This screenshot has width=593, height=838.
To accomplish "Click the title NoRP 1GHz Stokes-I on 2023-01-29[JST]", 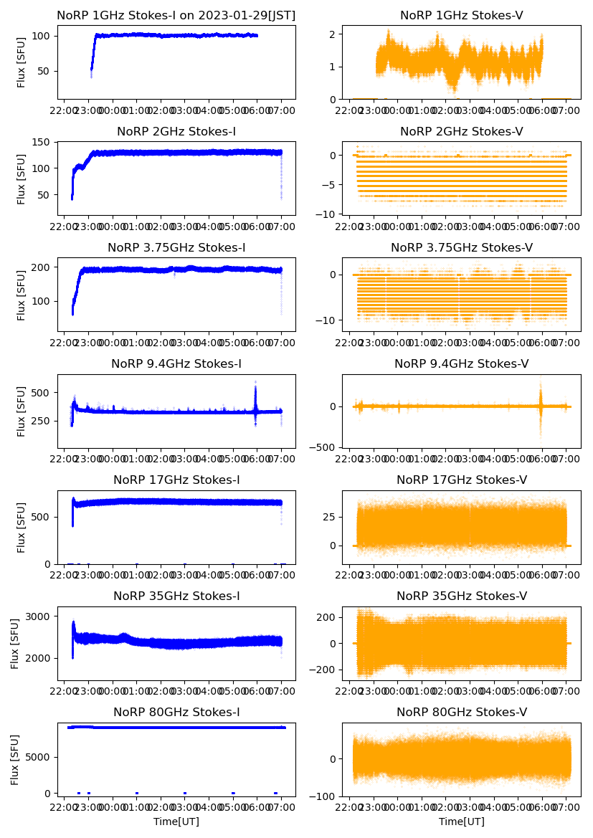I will click(x=176, y=15).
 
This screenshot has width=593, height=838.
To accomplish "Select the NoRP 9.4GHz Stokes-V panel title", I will click(x=461, y=364).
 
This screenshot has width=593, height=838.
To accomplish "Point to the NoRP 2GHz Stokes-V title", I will click(x=461, y=132).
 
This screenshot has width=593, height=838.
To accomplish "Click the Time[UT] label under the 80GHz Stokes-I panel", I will click(x=176, y=822).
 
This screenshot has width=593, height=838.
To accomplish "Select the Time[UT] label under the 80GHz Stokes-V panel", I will click(x=461, y=822).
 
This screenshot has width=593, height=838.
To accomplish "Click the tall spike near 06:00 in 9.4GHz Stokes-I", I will click(x=255, y=391).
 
